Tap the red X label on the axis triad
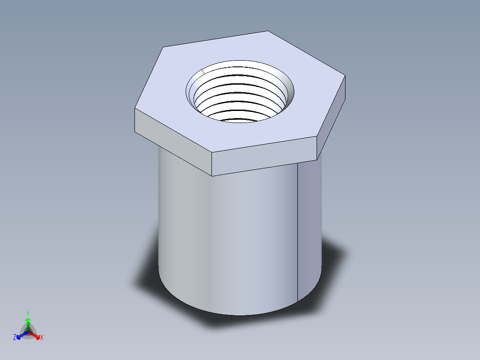41,338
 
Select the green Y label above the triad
28,313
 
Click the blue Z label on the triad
15,337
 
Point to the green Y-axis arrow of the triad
28,323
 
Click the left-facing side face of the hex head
173,141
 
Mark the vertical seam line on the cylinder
297,232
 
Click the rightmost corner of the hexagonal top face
346,75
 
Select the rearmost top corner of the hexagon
268,31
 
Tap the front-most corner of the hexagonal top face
212,153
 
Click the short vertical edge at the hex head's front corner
212,164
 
